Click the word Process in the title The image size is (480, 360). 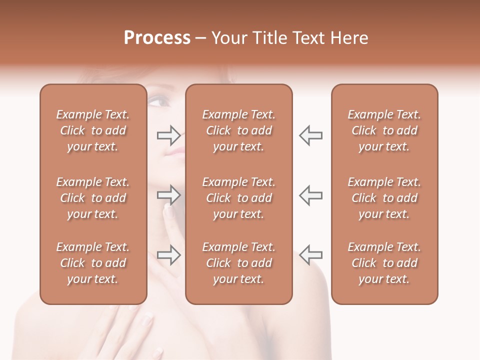(157, 38)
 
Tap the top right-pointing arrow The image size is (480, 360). (169, 135)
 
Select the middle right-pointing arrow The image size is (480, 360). (169, 195)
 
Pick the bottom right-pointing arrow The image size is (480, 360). (169, 255)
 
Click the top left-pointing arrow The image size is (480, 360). (310, 135)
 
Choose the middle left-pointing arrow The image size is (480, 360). (310, 195)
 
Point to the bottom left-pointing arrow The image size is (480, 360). (310, 255)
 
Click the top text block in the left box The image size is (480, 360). (93, 130)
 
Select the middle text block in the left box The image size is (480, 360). (93, 198)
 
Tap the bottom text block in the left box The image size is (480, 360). (93, 263)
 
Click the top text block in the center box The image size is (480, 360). (239, 130)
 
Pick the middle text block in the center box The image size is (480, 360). (239, 198)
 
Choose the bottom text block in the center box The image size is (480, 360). (239, 263)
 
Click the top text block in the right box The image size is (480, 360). (384, 130)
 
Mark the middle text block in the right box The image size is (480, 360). (384, 198)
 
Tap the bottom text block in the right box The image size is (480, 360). (384, 263)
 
